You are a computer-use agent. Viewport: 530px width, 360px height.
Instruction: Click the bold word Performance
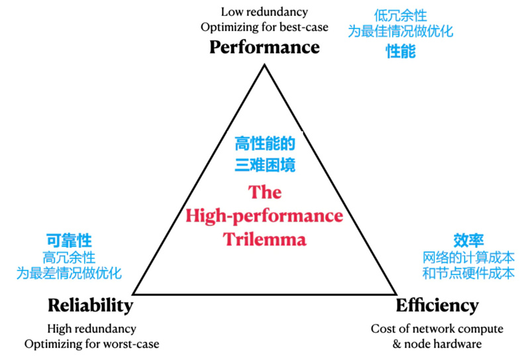coord(264,48)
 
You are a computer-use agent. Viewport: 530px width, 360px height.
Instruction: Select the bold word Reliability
coord(90,305)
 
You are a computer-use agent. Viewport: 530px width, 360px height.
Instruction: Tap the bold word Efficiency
coord(437,305)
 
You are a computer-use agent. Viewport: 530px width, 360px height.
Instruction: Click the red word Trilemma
coord(265,239)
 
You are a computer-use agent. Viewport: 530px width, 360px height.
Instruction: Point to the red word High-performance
coord(264,215)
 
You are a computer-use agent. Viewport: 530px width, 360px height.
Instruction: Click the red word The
coord(265,192)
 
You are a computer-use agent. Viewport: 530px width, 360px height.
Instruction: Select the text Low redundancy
coord(264,12)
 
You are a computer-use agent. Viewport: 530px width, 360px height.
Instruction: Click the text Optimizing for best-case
coord(264,27)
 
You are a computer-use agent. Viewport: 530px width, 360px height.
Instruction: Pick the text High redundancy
coord(91,329)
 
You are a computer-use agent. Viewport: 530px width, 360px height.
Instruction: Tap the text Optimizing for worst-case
coord(91,343)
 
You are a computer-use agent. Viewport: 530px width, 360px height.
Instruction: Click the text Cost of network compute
coord(437,329)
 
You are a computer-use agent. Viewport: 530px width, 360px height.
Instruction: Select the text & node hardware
coord(437,343)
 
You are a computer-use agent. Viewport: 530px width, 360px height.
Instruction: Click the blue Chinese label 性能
coord(401,52)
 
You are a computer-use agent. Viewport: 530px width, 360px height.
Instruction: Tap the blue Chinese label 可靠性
coord(69,241)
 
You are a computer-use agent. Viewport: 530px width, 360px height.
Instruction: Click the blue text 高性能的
coord(265,143)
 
